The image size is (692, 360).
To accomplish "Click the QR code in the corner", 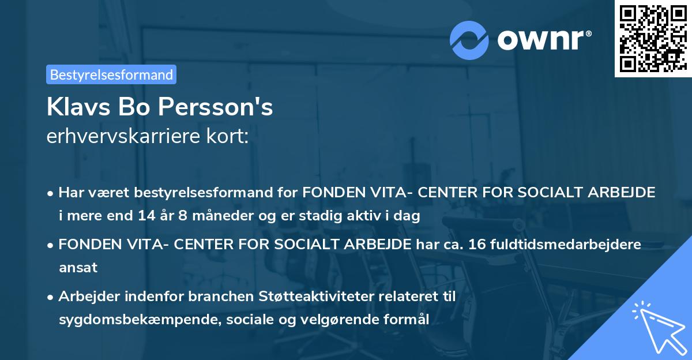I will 652,39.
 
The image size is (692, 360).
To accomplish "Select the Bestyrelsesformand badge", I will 111,74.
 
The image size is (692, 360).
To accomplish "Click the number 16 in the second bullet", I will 477,244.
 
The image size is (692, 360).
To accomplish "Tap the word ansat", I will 78,268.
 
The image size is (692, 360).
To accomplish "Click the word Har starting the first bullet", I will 72,193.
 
